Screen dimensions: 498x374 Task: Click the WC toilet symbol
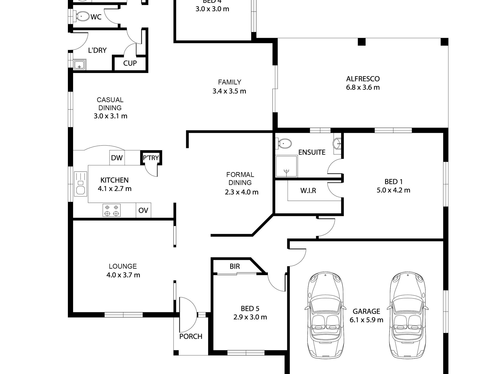[82, 16]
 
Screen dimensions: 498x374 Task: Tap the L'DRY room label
[97, 50]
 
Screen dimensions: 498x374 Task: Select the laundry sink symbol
[79, 65]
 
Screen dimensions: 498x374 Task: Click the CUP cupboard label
[130, 63]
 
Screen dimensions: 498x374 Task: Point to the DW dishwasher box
[117, 158]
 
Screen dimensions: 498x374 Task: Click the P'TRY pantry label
[151, 158]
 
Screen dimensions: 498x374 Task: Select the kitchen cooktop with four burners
[111, 210]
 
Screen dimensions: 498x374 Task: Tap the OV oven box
[143, 210]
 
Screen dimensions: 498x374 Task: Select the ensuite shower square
[286, 166]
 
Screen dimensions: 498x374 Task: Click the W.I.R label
[308, 191]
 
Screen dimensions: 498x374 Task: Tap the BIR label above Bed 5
[235, 266]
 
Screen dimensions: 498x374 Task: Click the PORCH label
[191, 336]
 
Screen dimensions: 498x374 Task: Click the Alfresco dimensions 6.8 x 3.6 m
[363, 87]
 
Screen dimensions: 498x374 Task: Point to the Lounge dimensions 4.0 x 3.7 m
[123, 275]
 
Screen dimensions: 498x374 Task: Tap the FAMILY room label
[229, 82]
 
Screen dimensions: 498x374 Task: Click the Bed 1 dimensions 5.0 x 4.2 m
[393, 190]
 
